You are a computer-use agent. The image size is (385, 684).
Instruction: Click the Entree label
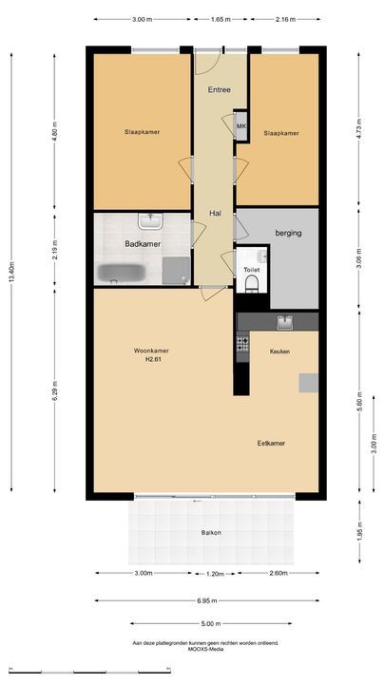pos(220,90)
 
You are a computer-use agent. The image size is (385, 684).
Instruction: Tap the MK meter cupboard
pos(241,126)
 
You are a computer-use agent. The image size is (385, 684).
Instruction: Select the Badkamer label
pos(143,244)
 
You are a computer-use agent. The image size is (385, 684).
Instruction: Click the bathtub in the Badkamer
pos(121,274)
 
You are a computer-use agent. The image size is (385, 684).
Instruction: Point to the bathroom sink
pos(150,220)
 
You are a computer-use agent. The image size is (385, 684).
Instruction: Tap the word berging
pos(289,233)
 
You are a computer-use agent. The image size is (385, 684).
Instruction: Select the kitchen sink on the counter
pos(285,323)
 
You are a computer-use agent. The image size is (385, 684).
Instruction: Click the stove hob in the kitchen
pos(242,343)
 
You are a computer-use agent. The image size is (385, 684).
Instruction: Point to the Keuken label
pos(279,351)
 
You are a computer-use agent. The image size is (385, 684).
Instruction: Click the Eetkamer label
pos(271,444)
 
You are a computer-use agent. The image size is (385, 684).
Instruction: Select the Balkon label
pos(211,533)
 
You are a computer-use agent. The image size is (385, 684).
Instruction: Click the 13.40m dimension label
pos(11,273)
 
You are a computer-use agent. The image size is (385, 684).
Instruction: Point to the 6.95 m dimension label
pos(207,600)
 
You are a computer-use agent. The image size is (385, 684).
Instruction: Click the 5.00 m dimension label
pos(211,624)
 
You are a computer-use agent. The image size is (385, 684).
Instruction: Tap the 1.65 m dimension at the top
pos(221,19)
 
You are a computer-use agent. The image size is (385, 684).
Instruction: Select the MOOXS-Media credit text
pos(205,649)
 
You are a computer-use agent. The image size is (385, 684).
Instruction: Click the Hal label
pos(215,214)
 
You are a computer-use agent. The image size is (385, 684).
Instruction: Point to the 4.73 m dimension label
pos(358,128)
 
